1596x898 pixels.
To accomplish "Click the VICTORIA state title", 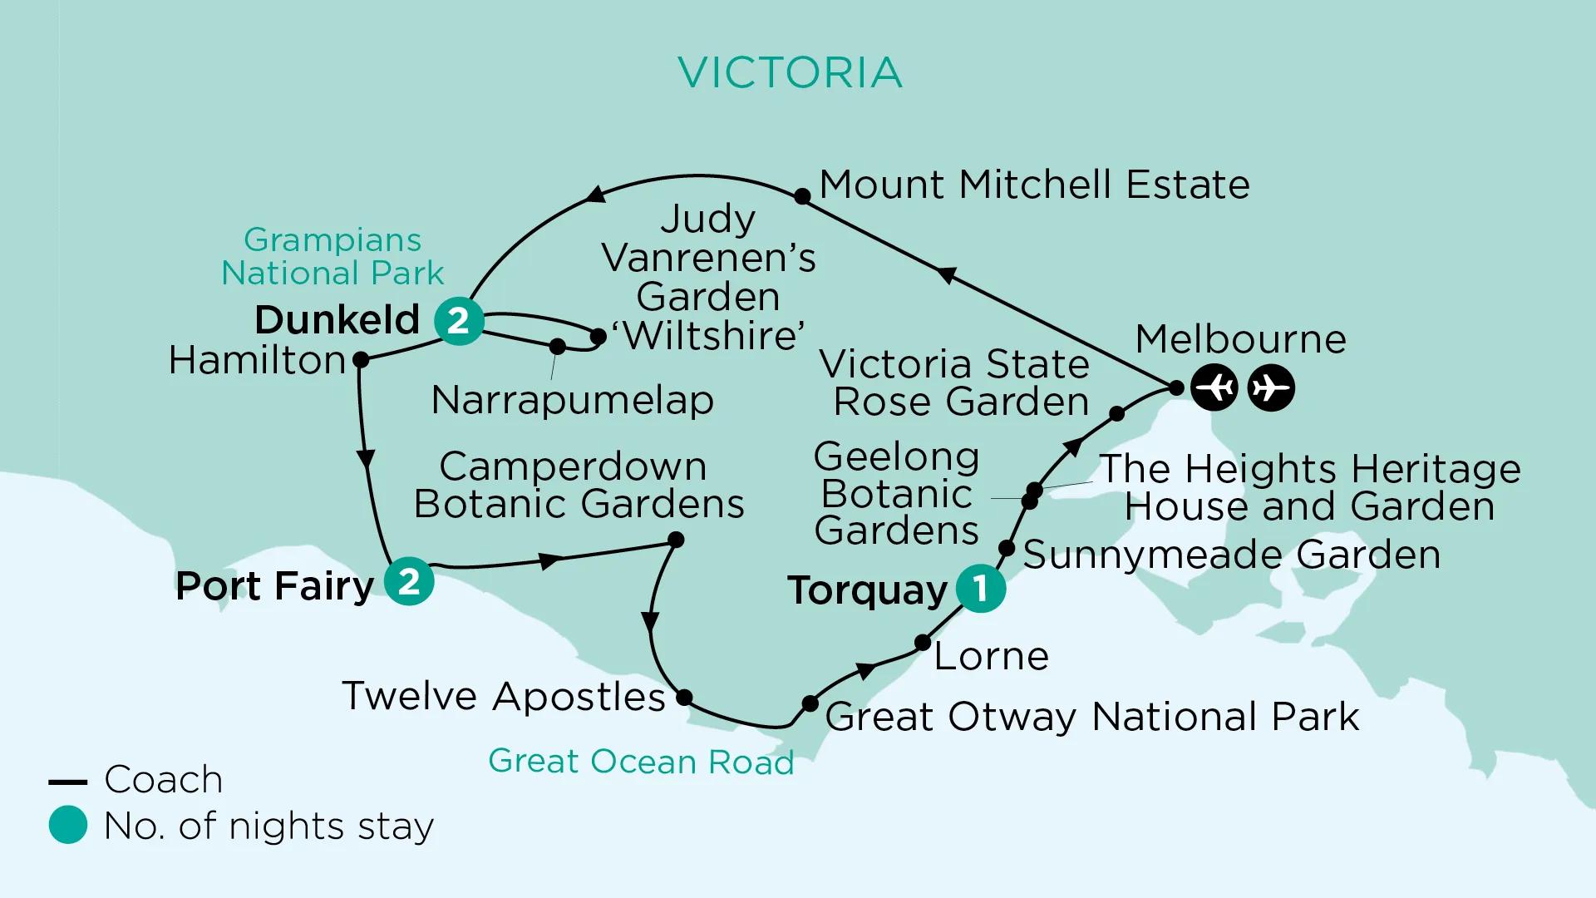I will click(x=790, y=72).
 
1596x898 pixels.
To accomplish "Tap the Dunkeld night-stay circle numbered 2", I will click(x=459, y=320).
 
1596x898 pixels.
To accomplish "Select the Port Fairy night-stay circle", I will click(x=409, y=581).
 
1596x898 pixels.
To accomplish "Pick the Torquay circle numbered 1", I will click(x=981, y=588).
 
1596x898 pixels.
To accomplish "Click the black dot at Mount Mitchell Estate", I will click(x=802, y=196).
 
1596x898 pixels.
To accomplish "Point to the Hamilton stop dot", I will click(x=361, y=360).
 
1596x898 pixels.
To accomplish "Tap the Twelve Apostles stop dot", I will click(x=684, y=697).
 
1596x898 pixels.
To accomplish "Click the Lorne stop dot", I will click(x=923, y=643).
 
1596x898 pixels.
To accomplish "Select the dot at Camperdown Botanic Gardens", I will click(x=677, y=540).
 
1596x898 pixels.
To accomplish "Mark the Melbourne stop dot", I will click(x=1176, y=387).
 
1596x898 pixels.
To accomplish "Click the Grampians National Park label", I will click(x=332, y=256).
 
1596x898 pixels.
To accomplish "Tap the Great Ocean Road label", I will click(x=641, y=762).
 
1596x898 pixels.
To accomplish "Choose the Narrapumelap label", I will click(x=572, y=400).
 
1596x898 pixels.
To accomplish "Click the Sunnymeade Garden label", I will click(x=1231, y=555).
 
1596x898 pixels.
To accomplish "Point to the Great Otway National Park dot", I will click(x=810, y=703).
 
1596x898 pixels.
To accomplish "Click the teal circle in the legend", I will click(x=68, y=826).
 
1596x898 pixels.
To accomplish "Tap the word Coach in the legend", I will click(x=163, y=780).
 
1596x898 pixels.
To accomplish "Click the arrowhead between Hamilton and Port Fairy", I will click(x=365, y=459).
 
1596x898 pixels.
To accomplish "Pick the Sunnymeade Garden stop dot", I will click(x=1007, y=548).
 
